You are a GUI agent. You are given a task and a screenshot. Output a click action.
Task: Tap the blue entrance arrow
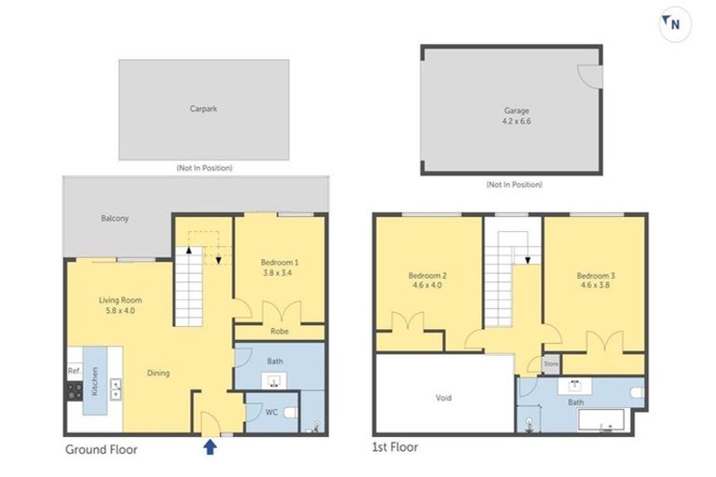(x=211, y=447)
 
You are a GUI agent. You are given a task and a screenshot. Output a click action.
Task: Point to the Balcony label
(x=115, y=218)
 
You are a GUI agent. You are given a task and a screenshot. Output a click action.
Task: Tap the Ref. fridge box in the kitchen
(x=74, y=370)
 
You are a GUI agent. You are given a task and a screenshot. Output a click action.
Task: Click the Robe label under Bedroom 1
(x=279, y=331)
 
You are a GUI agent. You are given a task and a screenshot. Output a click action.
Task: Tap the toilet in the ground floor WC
(x=289, y=410)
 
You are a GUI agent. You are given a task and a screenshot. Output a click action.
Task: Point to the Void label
(x=443, y=398)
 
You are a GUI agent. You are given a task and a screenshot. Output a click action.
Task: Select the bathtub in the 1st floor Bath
(x=607, y=423)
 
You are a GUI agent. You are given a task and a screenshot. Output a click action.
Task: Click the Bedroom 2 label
(x=428, y=276)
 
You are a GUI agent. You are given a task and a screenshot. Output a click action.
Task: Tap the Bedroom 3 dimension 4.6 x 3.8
(x=593, y=287)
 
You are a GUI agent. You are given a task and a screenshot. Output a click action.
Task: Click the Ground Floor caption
(x=101, y=449)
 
